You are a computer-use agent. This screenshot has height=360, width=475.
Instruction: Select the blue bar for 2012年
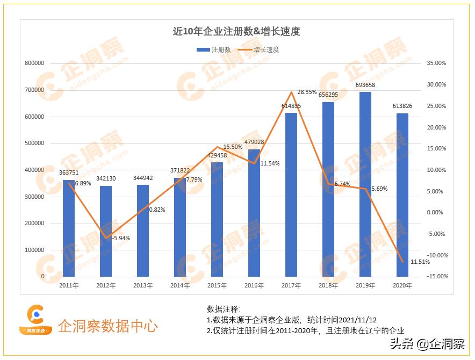(106, 231)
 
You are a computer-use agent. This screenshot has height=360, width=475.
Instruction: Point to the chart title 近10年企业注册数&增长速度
(236, 32)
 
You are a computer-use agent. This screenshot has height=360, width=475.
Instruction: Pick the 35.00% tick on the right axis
(436, 63)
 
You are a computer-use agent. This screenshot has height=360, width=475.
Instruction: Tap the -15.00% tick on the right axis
(435, 277)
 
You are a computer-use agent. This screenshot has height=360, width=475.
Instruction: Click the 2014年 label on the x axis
(180, 286)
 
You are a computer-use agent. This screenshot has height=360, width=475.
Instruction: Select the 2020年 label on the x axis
(402, 286)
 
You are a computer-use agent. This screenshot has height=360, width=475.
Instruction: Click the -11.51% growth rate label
(419, 262)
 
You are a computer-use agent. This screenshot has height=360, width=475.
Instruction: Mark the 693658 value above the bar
(365, 85)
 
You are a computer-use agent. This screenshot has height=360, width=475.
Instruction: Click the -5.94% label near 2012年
(121, 238)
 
